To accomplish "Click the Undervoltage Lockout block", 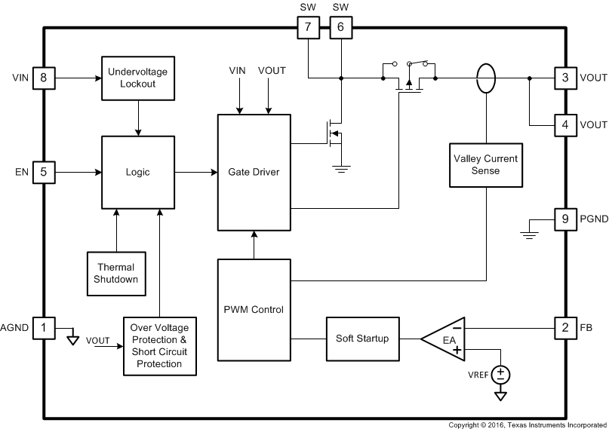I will pos(137,78).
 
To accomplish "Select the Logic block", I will pos(137,172).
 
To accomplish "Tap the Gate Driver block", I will pos(254,172).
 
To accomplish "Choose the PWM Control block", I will pos(254,309).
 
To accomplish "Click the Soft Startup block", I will pos(363,339).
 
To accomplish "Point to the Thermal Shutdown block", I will pos(116,274).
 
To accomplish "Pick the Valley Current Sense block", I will pos(487,164).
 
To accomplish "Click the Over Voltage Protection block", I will pos(159,346).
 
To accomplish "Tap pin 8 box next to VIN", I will pos(44,78).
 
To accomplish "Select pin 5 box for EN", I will pos(44,172).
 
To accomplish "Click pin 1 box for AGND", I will pos(44,328).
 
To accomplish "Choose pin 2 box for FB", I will pos(564,328).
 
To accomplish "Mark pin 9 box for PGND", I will pos(564,220).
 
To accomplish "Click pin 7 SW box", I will pos(307,28).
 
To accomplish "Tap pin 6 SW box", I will pos(340,28).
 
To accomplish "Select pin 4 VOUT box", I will pos(564,124).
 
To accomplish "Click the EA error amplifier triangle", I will pos(445,339).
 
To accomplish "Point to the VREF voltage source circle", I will pos(500,373).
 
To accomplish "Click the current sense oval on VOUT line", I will pos(487,78).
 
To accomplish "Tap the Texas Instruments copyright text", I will pos(528,424).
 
